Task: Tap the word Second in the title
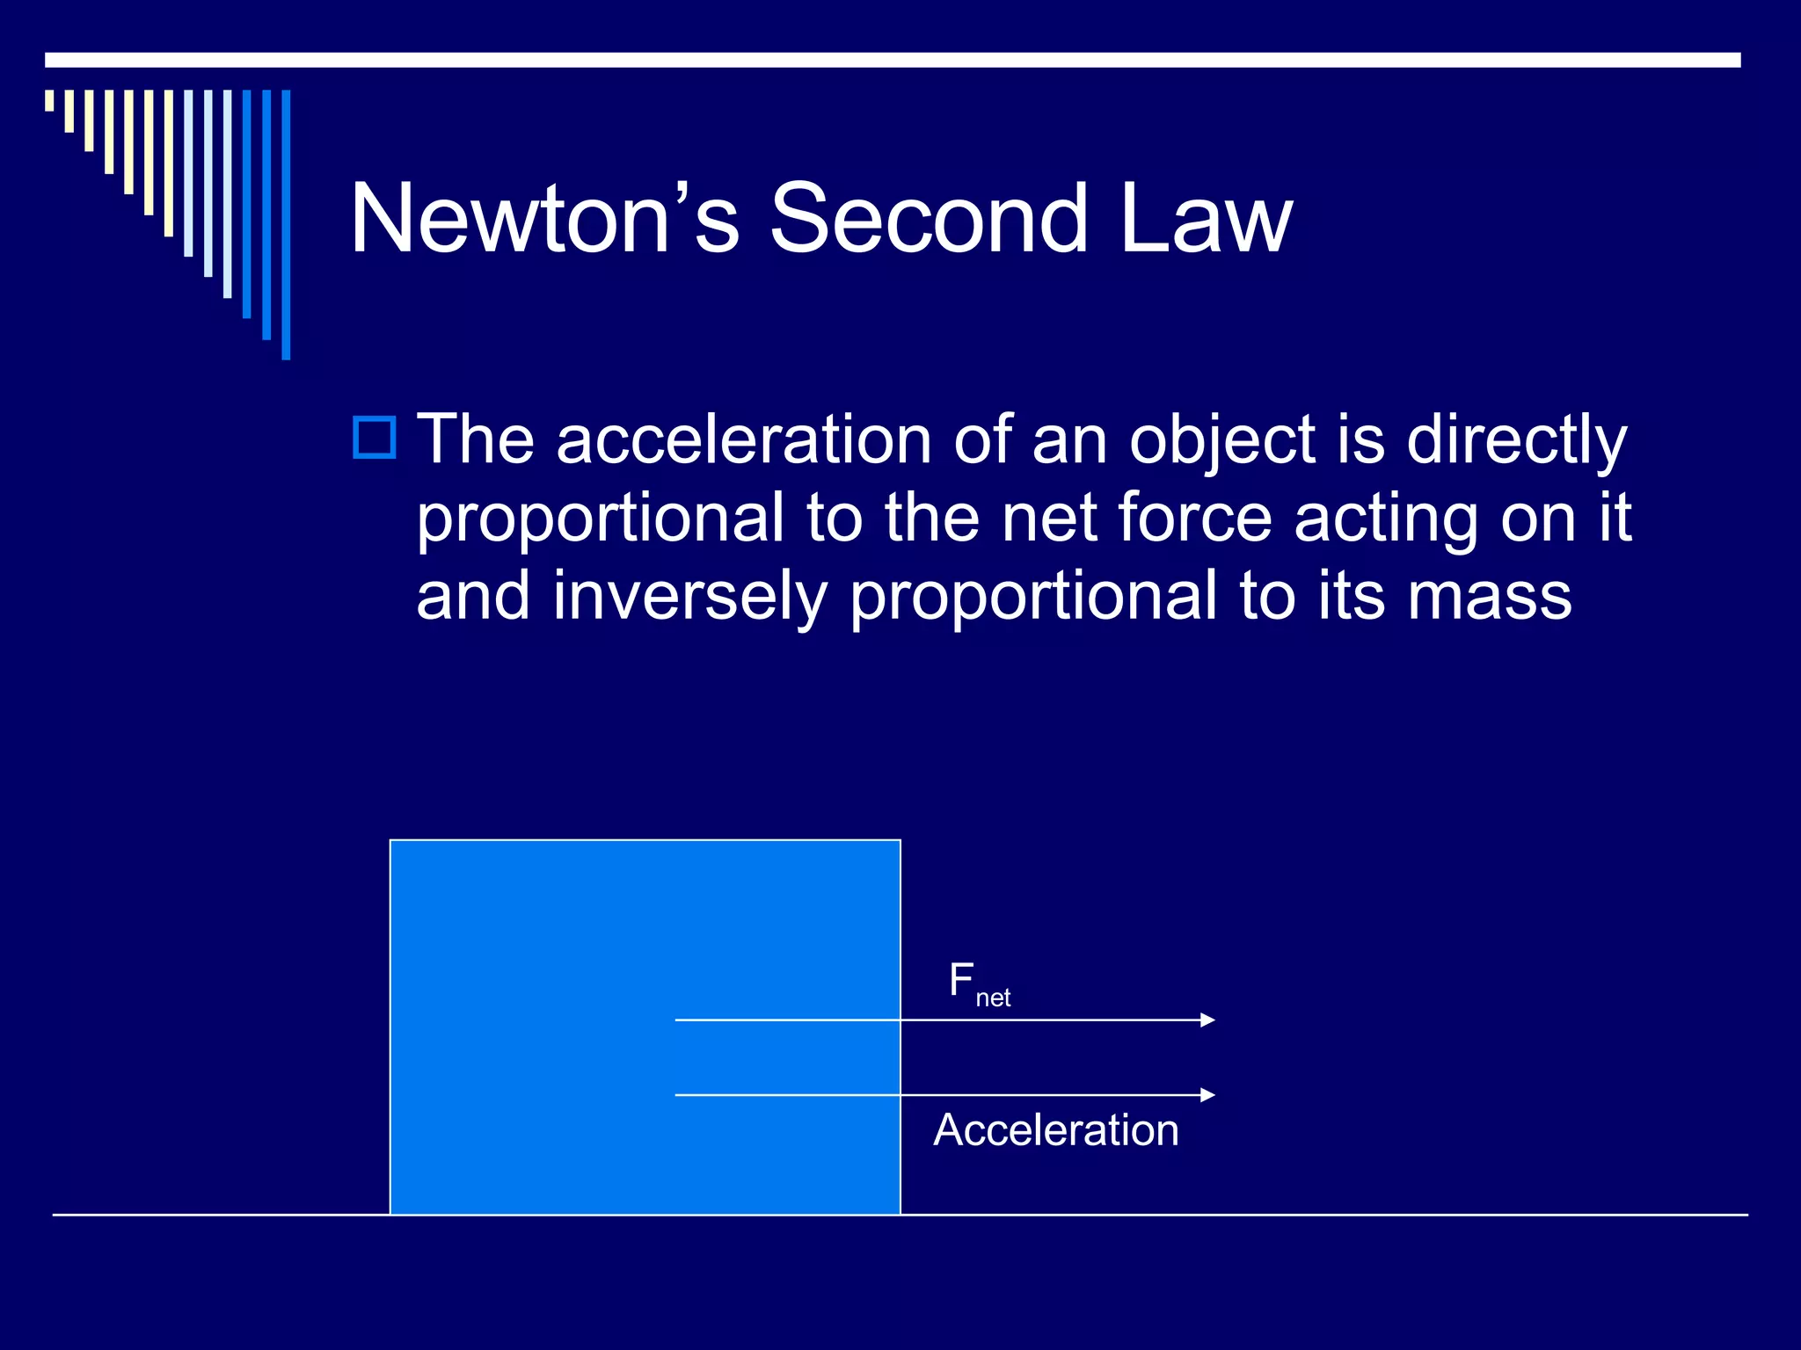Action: point(929,218)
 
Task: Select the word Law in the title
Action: point(1206,218)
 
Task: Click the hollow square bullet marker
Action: point(375,437)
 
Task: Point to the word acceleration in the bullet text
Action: point(743,439)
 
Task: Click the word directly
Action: point(1516,439)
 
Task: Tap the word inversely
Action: point(690,596)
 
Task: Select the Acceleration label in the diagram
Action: point(1055,1130)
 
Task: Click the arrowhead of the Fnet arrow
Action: point(1207,1020)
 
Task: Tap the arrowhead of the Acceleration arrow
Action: point(1207,1095)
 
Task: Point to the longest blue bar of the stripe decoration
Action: point(286,224)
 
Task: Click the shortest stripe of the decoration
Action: point(49,100)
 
